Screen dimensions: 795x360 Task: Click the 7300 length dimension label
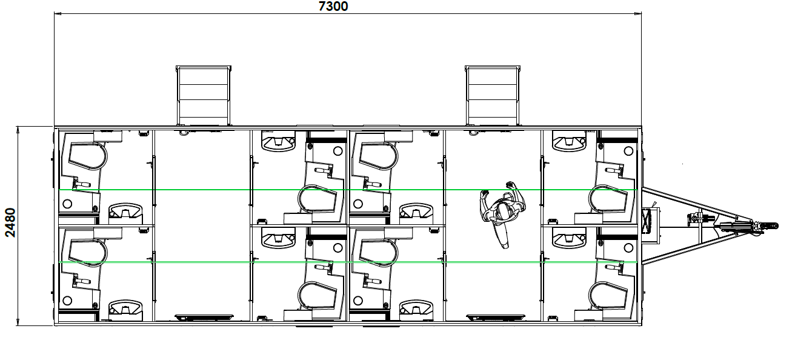(333, 6)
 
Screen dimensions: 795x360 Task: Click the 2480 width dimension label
(10, 222)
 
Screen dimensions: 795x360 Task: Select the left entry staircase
(204, 96)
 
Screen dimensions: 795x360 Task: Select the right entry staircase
(493, 96)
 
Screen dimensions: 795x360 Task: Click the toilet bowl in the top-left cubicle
(88, 157)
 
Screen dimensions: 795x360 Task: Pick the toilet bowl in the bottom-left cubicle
(88, 253)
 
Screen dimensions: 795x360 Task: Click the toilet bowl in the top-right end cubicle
(608, 198)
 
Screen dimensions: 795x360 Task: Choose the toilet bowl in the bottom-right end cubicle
(608, 295)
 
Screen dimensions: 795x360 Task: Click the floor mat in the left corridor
(204, 317)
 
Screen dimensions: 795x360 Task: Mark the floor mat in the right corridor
(495, 317)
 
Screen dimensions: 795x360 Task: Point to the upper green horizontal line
(348, 190)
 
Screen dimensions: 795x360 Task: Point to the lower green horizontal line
(348, 262)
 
